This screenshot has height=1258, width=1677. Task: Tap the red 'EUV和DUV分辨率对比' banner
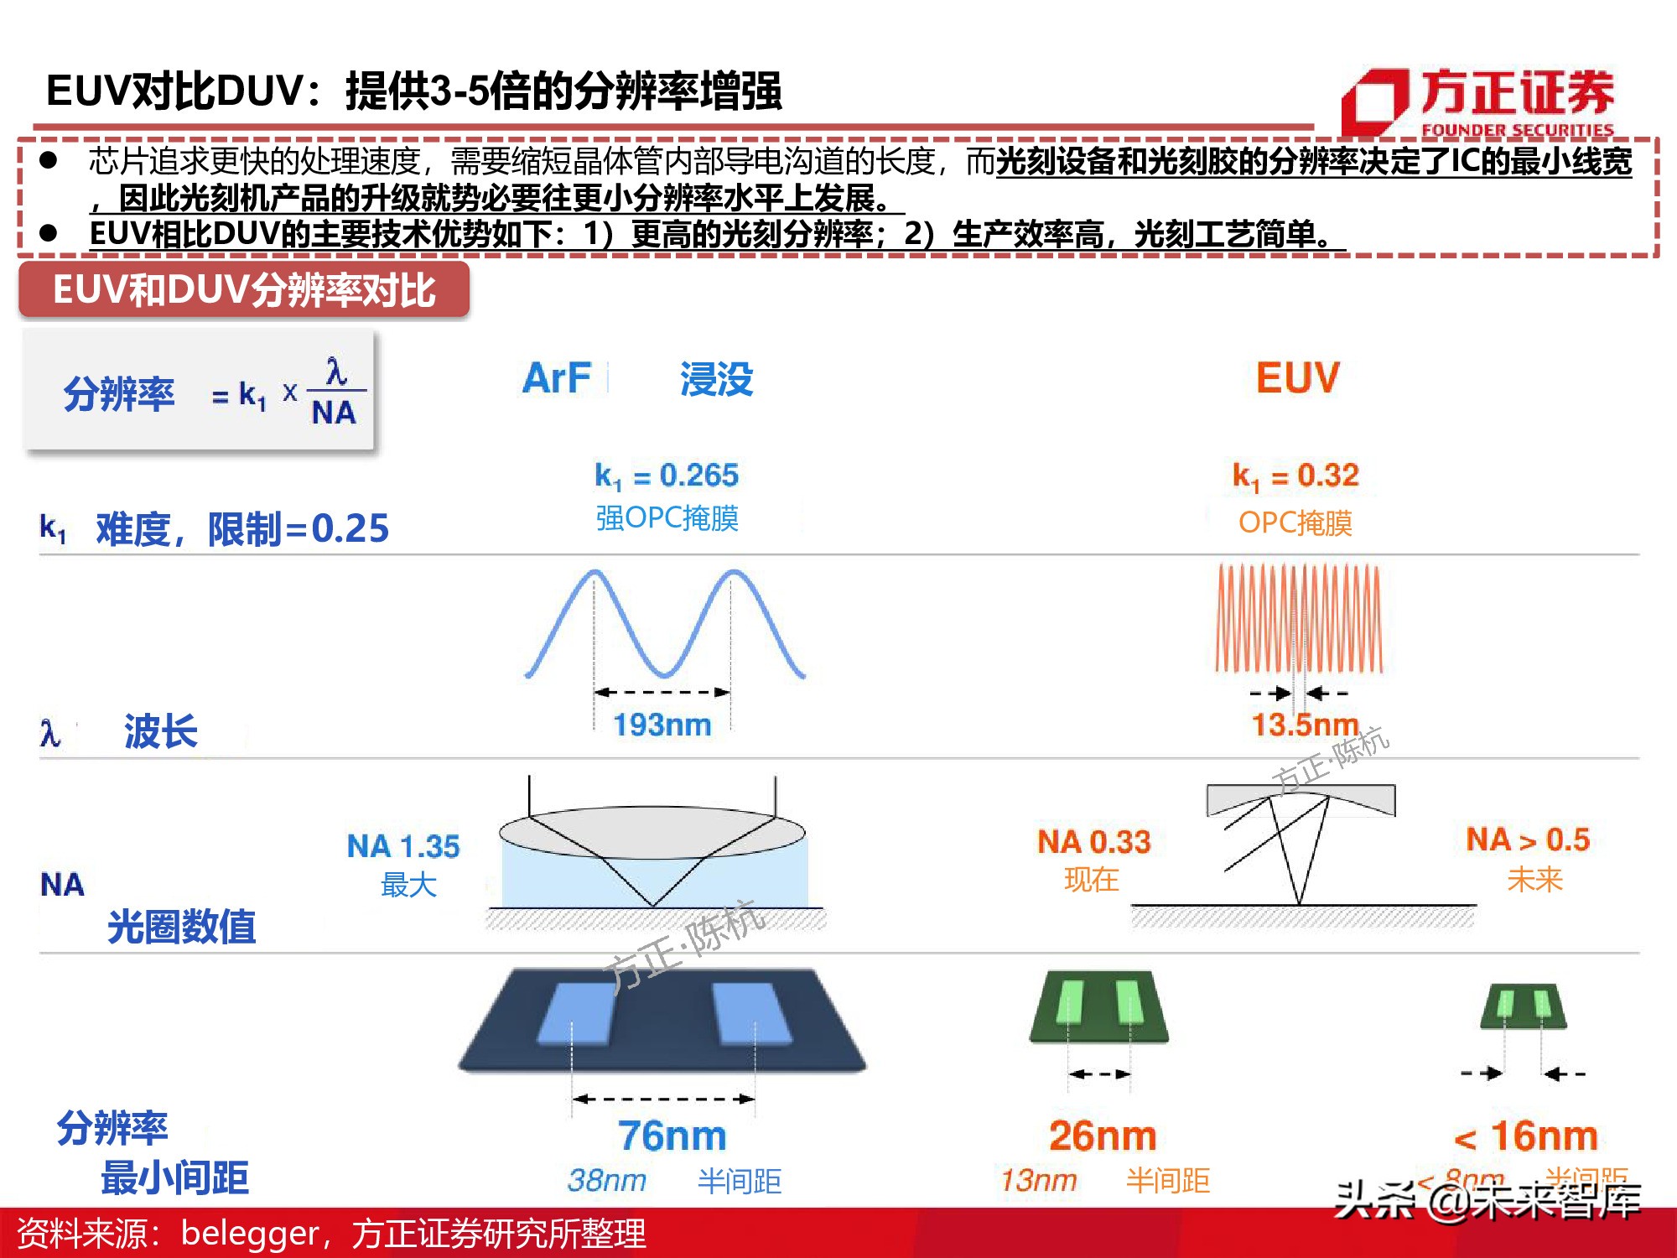[x=244, y=290]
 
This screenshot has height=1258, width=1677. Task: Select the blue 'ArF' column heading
[x=556, y=378]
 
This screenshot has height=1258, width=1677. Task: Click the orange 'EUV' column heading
[x=1297, y=377]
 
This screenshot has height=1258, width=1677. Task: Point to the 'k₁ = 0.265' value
[x=667, y=476]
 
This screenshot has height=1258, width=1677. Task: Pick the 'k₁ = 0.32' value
[x=1295, y=476]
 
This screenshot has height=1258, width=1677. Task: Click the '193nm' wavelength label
[x=662, y=725]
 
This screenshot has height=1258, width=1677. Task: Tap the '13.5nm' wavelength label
[x=1304, y=725]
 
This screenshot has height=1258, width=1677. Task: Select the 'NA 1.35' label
[x=403, y=846]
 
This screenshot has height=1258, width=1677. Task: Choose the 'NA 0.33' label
[x=1094, y=841]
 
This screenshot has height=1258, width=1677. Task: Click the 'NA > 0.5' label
[x=1528, y=840]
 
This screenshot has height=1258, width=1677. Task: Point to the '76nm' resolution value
[x=672, y=1136]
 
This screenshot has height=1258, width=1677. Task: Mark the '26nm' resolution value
[x=1103, y=1136]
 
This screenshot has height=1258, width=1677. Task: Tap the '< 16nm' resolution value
[x=1526, y=1136]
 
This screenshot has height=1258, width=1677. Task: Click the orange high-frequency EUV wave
[x=1298, y=618]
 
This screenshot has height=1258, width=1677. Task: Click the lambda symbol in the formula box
[x=336, y=370]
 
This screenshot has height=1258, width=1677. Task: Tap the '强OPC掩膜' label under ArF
[x=667, y=518]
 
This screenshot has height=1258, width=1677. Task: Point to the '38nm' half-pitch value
[x=607, y=1181]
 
